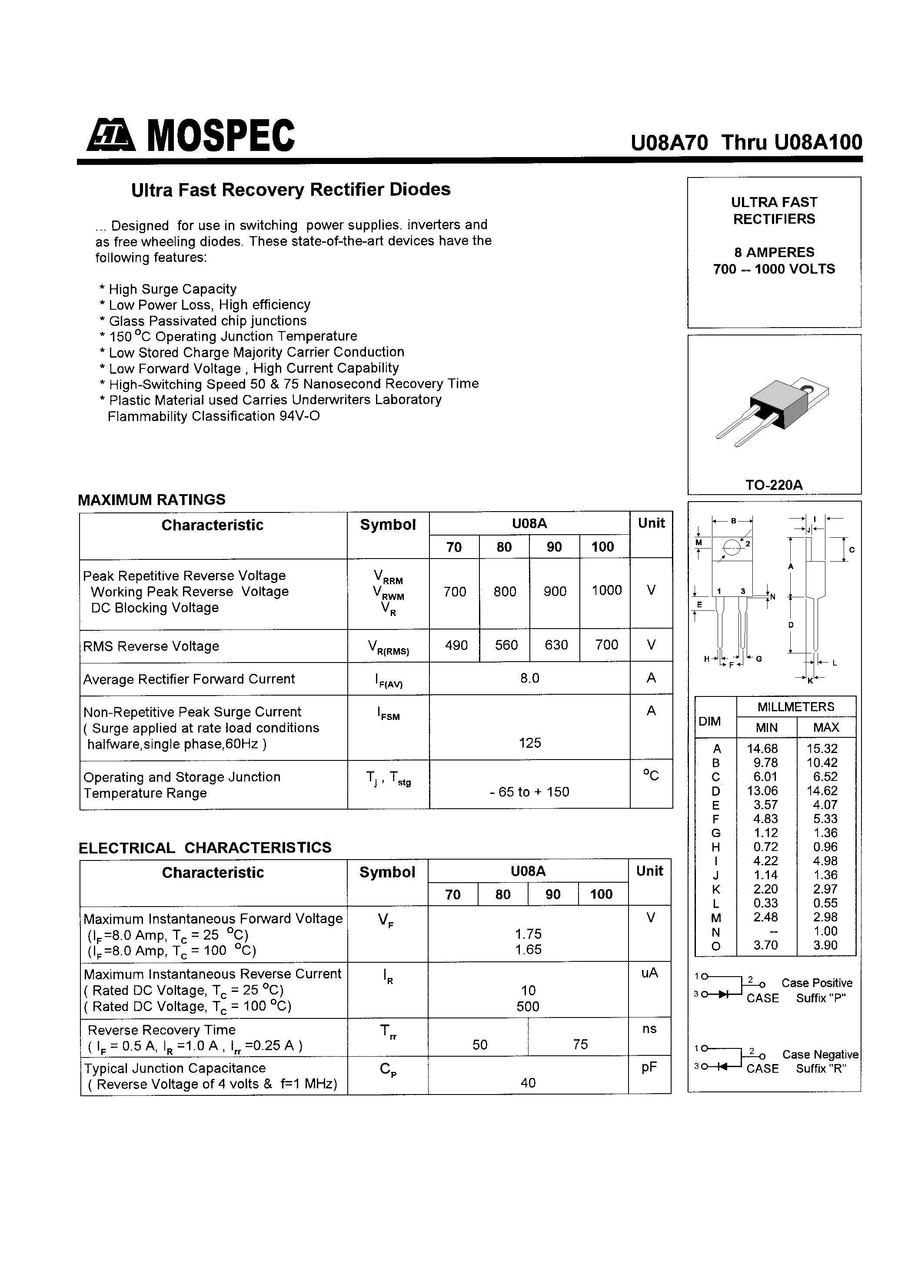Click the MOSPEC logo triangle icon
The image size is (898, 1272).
point(111,136)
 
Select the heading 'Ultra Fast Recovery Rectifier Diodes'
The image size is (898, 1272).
point(291,190)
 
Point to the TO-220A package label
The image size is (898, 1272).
point(773,485)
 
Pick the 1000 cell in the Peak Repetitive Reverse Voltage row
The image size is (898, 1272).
point(606,591)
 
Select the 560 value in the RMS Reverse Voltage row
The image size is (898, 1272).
point(506,645)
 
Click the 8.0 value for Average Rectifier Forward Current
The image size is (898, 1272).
point(529,678)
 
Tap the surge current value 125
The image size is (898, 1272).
point(530,743)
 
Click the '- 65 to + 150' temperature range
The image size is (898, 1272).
point(529,792)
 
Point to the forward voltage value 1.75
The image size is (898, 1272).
point(528,934)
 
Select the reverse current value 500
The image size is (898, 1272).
point(528,1007)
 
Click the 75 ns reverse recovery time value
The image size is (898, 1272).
point(580,1044)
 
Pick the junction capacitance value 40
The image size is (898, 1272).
point(528,1082)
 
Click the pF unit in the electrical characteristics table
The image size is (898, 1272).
point(649,1067)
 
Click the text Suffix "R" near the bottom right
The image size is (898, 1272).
point(821,1069)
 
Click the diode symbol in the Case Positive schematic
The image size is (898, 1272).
point(723,994)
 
